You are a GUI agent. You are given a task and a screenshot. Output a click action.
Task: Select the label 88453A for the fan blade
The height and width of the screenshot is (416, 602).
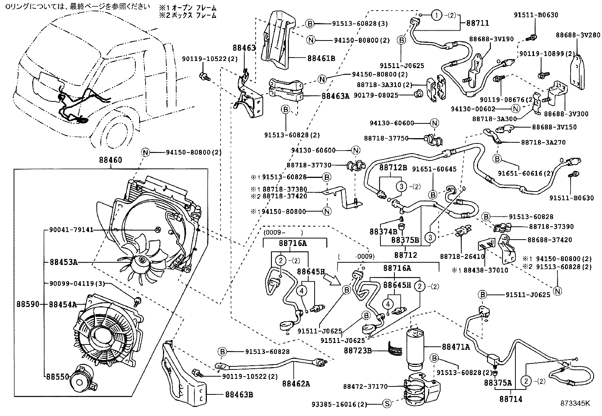[63, 262]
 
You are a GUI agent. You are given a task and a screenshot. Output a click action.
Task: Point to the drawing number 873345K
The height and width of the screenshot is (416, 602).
[575, 403]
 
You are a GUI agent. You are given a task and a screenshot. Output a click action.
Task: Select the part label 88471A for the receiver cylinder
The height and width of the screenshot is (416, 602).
[456, 347]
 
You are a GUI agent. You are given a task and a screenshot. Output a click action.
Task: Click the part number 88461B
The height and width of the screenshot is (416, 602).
[321, 58]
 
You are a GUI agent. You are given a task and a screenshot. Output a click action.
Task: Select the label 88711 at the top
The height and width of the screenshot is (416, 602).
[477, 23]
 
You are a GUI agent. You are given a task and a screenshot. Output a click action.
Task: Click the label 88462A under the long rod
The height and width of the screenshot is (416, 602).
[296, 384]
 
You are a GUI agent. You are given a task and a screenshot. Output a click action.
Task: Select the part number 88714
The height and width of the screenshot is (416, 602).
[510, 399]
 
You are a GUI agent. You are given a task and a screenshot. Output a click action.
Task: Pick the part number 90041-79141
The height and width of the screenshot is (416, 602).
[71, 230]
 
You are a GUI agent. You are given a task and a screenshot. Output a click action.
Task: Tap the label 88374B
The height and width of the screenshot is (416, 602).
[383, 231]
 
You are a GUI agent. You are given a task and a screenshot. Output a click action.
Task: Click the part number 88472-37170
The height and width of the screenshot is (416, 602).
[365, 386]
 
